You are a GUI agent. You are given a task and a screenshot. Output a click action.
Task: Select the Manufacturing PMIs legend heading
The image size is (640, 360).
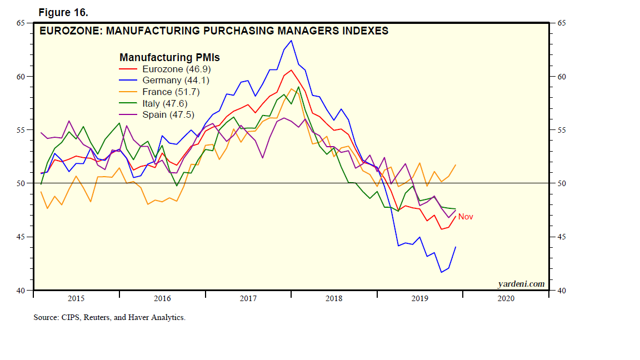point(169,57)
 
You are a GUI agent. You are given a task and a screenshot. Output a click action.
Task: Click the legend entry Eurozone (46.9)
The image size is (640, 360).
point(176,69)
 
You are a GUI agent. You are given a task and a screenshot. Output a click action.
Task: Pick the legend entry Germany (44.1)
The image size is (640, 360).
point(176,81)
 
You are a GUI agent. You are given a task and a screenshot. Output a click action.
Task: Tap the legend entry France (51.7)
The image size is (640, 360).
point(171,92)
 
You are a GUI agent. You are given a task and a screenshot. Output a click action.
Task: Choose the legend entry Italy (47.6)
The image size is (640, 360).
point(166,103)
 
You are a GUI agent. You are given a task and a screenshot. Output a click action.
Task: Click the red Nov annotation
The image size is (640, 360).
point(466,217)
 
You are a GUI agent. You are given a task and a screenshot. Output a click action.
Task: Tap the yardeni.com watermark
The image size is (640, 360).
point(521,284)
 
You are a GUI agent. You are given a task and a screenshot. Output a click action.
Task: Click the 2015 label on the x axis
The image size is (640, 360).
point(76,299)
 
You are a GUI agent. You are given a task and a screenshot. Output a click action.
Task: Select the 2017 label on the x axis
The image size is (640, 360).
point(248,299)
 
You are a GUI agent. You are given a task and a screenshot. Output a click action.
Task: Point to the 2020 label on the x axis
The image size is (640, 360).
point(506,299)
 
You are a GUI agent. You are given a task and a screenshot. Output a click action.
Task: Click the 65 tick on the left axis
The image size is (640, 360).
point(21,23)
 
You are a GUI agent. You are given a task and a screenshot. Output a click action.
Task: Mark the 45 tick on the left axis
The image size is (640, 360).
point(21,237)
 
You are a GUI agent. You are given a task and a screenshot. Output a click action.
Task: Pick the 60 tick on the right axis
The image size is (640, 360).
point(561,77)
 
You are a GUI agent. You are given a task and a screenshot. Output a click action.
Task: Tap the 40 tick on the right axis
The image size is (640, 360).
point(561,291)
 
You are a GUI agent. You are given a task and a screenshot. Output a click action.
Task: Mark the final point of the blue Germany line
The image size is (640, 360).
point(456,247)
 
